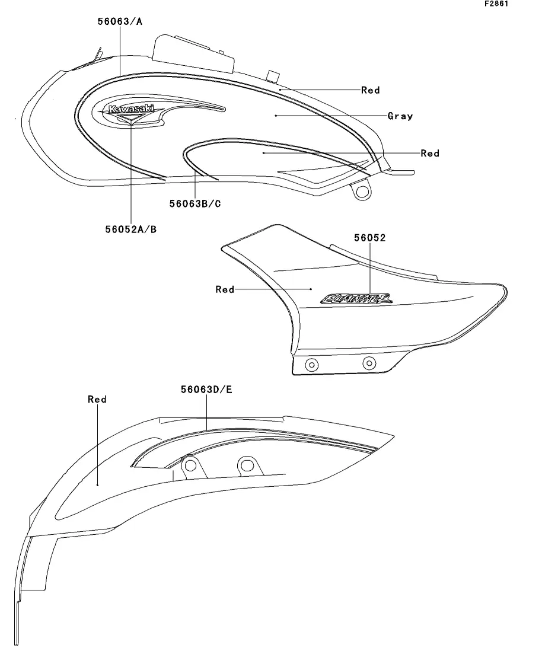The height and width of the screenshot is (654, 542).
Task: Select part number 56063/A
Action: (120, 22)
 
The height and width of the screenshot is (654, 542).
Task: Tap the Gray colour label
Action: (400, 116)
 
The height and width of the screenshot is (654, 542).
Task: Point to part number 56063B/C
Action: (195, 203)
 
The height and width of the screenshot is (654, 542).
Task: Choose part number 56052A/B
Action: (131, 228)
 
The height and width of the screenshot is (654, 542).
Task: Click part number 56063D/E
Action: (206, 390)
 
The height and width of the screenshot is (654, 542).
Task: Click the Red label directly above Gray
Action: (371, 90)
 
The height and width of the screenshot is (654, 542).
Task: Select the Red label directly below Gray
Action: (430, 154)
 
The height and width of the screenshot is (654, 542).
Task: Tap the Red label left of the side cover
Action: (225, 289)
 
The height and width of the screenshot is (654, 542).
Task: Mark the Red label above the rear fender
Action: (97, 400)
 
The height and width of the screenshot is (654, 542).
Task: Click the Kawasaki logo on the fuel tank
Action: (130, 109)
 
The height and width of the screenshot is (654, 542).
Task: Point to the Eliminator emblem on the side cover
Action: (356, 298)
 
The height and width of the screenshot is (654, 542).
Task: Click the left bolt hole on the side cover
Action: (311, 365)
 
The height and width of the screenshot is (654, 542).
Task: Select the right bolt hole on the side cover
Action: (369, 362)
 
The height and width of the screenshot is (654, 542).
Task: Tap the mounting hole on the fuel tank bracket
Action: (361, 191)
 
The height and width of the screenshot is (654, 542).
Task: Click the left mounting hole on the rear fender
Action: (190, 467)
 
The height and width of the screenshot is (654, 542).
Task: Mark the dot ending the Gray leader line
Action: (276, 116)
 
